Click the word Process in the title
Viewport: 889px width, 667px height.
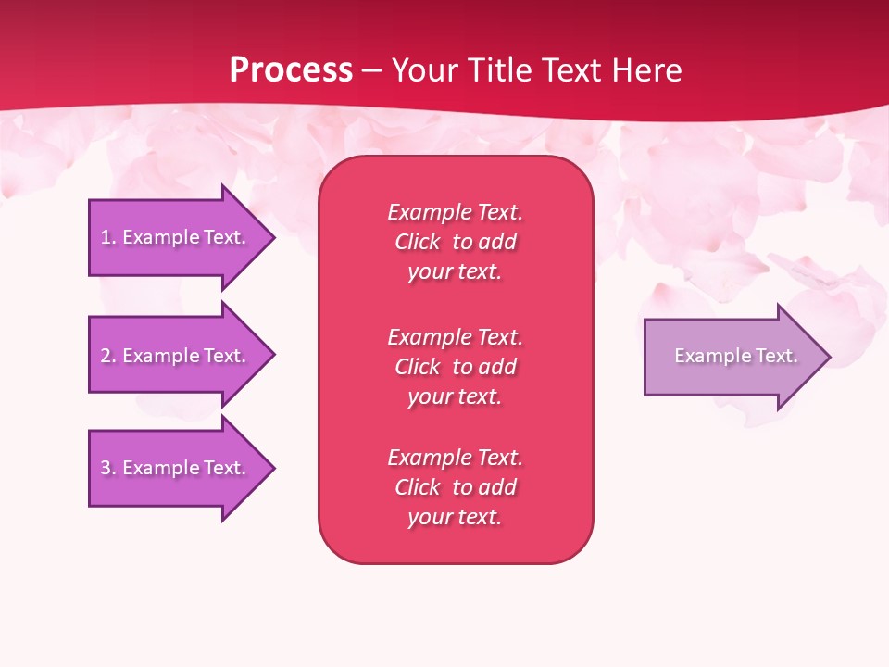291,70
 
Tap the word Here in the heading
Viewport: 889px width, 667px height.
645,70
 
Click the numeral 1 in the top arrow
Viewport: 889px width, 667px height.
106,237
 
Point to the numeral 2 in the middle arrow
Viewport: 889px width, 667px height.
106,356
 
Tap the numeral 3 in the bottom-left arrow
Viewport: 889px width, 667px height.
106,468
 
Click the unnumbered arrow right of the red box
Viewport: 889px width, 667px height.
732,356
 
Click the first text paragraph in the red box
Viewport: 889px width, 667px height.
455,242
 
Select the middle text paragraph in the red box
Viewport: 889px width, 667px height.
455,366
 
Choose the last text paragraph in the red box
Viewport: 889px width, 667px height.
455,487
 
